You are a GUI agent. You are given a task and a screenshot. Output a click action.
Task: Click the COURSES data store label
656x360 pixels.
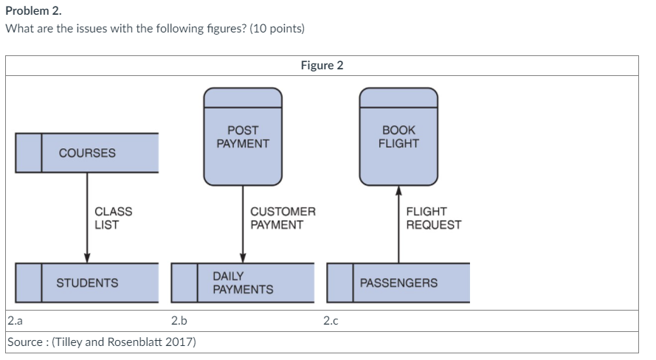pyautogui.click(x=87, y=153)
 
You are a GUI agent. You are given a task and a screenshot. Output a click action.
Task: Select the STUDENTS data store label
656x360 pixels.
pyautogui.click(x=87, y=283)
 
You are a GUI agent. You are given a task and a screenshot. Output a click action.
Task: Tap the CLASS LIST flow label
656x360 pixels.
pyautogui.click(x=114, y=218)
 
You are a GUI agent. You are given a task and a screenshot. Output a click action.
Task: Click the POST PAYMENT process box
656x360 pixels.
pyautogui.click(x=243, y=136)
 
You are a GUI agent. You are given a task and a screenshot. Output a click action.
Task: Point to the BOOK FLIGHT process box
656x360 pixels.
pyautogui.click(x=398, y=136)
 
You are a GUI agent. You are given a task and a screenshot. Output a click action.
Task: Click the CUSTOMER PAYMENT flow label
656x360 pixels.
pyautogui.click(x=283, y=218)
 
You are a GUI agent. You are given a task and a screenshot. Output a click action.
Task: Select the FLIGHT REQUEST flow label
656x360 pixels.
pyautogui.click(x=433, y=218)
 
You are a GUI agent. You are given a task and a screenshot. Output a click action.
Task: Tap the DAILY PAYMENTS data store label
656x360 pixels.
pyautogui.click(x=243, y=283)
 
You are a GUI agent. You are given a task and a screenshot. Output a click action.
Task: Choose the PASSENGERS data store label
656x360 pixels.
pyautogui.click(x=398, y=283)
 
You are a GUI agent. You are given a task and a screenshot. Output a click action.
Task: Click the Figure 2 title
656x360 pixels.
pyautogui.click(x=322, y=65)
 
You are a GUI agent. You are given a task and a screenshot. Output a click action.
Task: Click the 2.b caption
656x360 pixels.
pyautogui.click(x=179, y=321)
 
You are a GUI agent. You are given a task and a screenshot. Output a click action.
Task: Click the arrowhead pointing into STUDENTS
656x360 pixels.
pyautogui.click(x=87, y=257)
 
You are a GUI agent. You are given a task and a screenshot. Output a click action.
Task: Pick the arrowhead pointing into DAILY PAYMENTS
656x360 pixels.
pyautogui.click(x=243, y=257)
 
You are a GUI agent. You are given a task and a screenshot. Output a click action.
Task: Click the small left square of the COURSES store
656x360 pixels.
pyautogui.click(x=29, y=153)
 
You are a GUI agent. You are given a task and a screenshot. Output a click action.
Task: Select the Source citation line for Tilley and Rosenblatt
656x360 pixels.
pyautogui.click(x=101, y=342)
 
